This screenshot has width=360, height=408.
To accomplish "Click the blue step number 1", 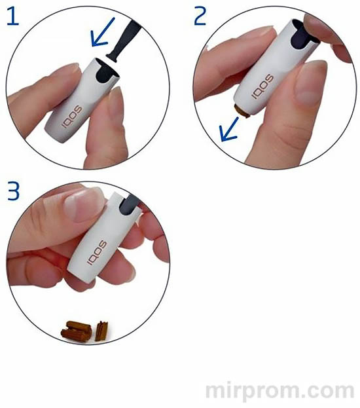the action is pos(13,16).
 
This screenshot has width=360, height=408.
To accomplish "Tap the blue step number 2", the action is pos(200,16).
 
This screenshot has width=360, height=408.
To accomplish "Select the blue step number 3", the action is pos(14,191).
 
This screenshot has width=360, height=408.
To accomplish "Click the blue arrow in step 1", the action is pos(103,32).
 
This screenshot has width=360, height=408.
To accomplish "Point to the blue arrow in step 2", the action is pos(229,129).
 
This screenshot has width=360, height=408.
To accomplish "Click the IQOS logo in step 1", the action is pos(71,117).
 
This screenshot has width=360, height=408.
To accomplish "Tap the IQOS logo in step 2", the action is pos(262,86).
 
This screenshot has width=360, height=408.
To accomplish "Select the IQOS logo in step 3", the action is pos(96,253).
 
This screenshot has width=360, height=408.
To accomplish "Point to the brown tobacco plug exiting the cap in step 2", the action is pos(243,110).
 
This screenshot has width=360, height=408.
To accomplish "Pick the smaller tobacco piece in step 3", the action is pos(101,331).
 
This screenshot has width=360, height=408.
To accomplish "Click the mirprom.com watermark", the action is pos(279,390).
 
